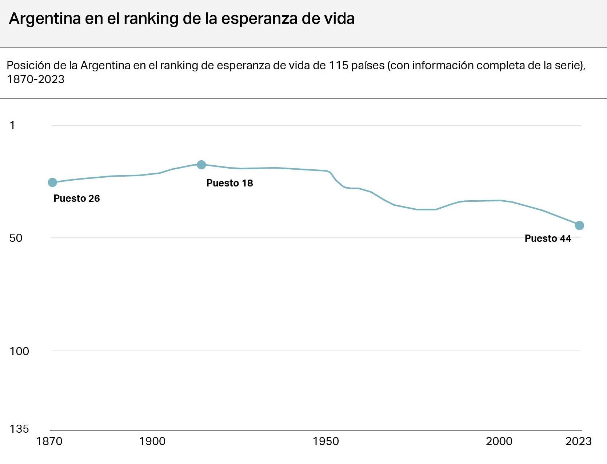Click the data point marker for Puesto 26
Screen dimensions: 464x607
coord(52,182)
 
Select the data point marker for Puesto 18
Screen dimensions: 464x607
coord(201,165)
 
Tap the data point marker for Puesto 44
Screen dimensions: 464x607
coord(579,226)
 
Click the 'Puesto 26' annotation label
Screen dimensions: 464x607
coord(77,198)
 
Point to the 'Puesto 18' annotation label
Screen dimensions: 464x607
coord(229,183)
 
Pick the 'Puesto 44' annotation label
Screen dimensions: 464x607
coord(548,239)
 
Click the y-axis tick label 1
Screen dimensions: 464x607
coord(12,126)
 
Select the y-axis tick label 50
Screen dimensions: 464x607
coord(16,238)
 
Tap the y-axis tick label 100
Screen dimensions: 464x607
coord(19,351)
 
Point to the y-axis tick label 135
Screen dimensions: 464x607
coord(19,429)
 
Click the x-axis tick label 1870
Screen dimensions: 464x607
coord(49,441)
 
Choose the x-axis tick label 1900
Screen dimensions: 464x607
coord(152,441)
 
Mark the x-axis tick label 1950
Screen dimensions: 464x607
coord(326,441)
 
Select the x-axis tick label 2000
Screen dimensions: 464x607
coord(499,441)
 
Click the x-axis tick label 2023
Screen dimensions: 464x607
coord(578,441)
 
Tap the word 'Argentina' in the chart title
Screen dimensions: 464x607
coord(45,19)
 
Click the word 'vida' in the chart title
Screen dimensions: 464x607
coord(340,19)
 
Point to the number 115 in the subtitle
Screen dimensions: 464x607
coord(339,66)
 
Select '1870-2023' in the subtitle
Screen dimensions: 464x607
coord(36,79)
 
